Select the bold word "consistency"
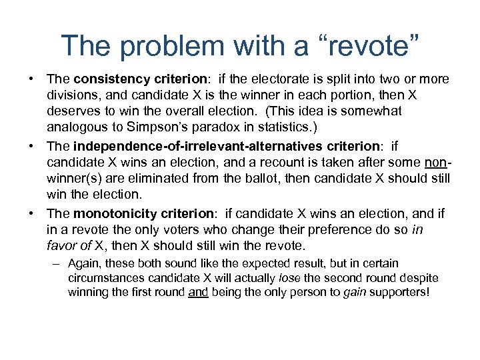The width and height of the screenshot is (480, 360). click(x=108, y=79)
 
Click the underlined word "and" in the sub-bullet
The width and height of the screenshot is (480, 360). click(x=198, y=293)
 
